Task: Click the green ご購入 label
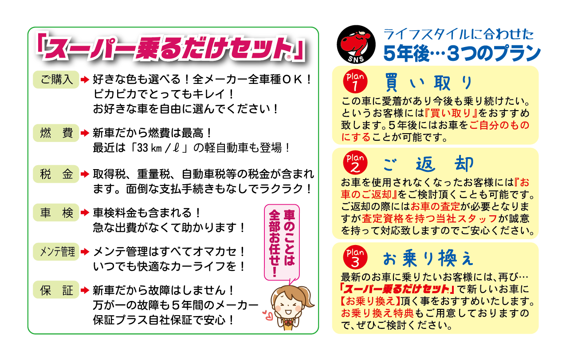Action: [x=56, y=79]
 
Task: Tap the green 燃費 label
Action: [x=56, y=133]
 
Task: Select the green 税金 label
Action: [x=56, y=174]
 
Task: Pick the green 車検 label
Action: [x=56, y=213]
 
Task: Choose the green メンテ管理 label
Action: [x=56, y=252]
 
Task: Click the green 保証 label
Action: [x=56, y=290]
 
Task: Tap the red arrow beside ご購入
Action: [x=85, y=79]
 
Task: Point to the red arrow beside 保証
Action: [x=85, y=290]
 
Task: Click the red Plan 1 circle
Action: [x=355, y=81]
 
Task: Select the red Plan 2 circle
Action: [x=355, y=163]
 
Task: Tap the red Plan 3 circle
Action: [x=355, y=257]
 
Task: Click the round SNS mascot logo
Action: [x=356, y=44]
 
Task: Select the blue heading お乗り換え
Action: [x=428, y=258]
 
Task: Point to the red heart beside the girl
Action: [x=267, y=315]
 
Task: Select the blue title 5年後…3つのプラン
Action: [x=462, y=54]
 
